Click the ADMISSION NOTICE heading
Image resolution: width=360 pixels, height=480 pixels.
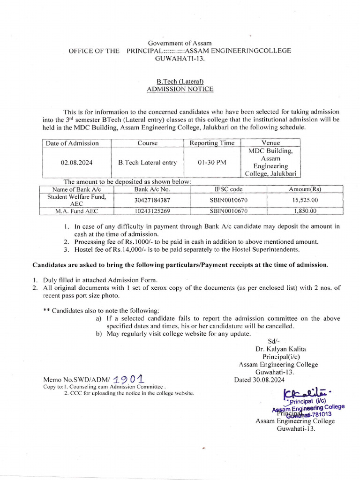[x=180, y=89]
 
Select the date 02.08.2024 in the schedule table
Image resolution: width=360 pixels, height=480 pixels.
[x=76, y=163]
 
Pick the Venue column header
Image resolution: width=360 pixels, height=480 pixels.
[x=270, y=143]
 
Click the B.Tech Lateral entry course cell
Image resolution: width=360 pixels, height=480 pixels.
[x=148, y=163]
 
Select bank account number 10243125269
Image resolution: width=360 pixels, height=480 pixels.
[x=152, y=211]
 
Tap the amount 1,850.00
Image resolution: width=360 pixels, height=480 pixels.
[x=305, y=211]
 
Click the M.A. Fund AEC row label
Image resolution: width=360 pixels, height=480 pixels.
[x=76, y=211]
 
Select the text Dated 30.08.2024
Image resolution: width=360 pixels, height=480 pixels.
[x=259, y=380]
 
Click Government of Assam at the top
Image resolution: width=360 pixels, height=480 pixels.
[x=180, y=43]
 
